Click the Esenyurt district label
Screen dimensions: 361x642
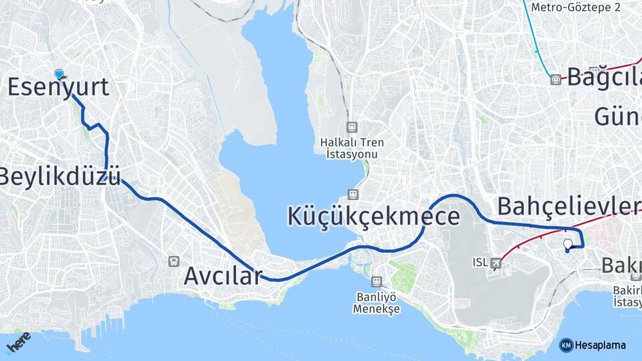click(58, 88)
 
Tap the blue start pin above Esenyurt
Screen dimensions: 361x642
click(60, 75)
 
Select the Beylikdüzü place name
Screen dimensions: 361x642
click(60, 176)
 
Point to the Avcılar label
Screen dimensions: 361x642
click(222, 275)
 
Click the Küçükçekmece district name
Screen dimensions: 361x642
click(374, 216)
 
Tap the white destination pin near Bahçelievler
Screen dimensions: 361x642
click(568, 245)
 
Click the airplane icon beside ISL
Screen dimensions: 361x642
click(496, 263)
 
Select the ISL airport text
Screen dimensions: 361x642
click(479, 262)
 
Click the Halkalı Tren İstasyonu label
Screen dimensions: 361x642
click(349, 148)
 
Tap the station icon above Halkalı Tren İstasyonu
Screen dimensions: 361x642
click(351, 127)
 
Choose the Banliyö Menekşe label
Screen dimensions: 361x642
click(377, 303)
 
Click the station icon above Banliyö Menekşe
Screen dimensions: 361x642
click(377, 281)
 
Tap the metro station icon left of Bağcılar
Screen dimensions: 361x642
click(555, 80)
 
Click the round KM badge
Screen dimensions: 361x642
click(566, 345)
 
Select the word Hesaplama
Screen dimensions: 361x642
click(600, 345)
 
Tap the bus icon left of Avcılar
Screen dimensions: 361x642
click(175, 261)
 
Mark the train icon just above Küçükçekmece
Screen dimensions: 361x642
click(351, 194)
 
